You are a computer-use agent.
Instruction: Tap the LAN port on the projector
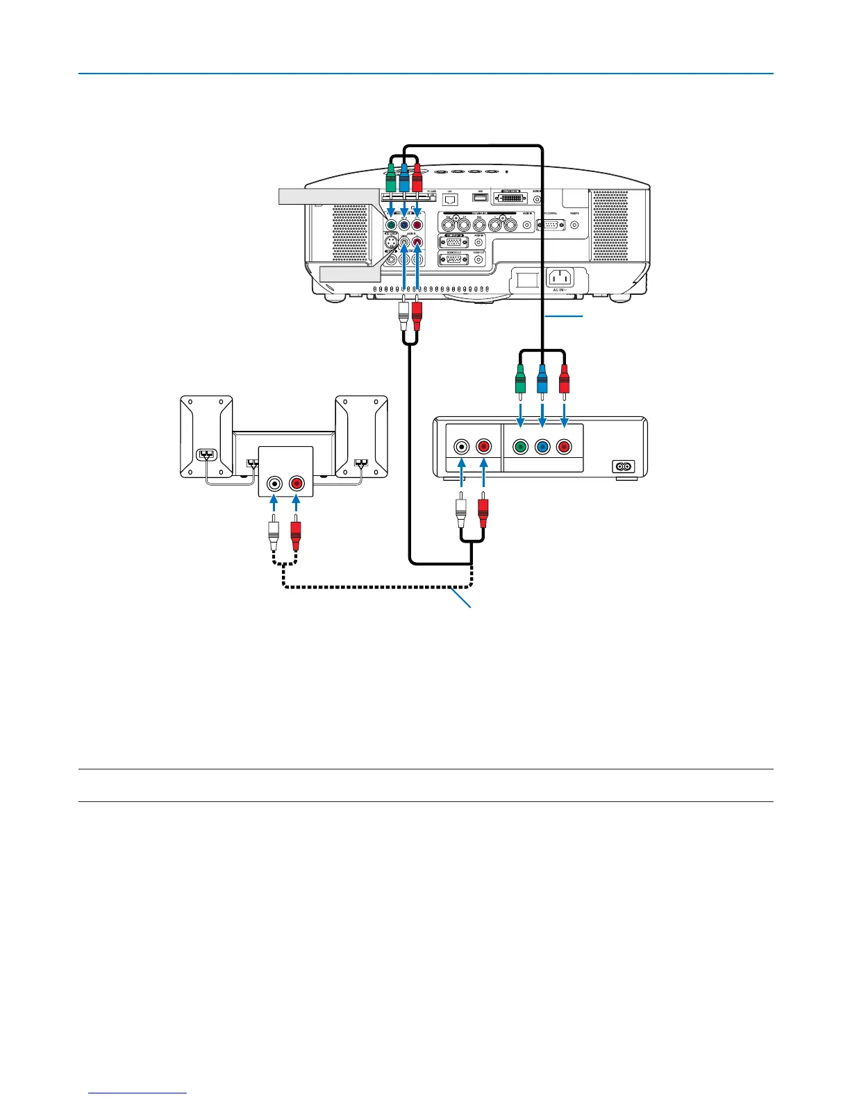[x=449, y=199]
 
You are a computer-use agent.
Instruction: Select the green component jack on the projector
[x=391, y=224]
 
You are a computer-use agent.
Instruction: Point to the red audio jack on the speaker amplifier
[x=297, y=483]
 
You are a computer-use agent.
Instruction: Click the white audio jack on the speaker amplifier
[x=275, y=483]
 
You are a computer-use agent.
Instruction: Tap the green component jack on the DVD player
[x=519, y=448]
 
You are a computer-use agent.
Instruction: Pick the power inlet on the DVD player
[x=624, y=467]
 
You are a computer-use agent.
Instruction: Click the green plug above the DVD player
[x=519, y=381]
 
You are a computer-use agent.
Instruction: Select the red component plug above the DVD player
[x=564, y=381]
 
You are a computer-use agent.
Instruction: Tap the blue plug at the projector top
[x=403, y=182]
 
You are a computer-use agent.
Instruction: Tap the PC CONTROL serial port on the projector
[x=552, y=224]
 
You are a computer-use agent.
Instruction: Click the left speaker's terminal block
[x=208, y=455]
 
